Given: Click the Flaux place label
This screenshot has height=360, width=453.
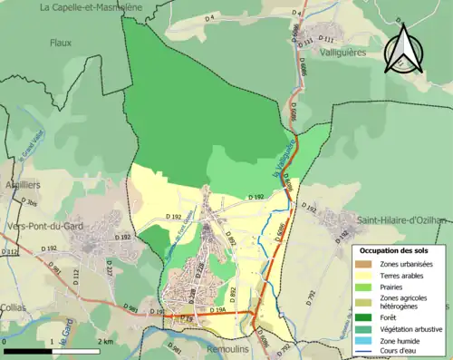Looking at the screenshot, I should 61,42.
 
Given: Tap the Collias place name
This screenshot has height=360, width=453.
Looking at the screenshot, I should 13,307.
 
